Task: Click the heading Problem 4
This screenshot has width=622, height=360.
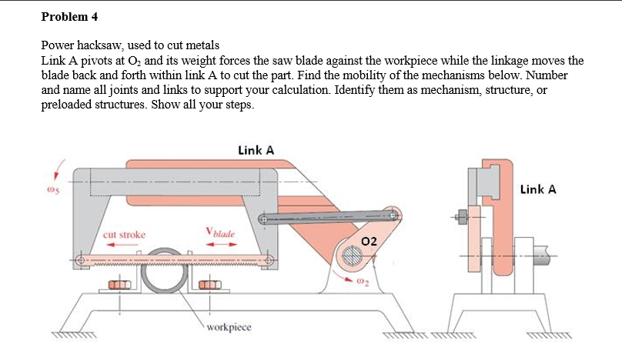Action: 69,16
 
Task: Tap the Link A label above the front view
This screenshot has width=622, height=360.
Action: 256,150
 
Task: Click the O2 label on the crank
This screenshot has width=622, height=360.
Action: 370,241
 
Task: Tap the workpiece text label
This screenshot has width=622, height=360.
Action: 229,326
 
